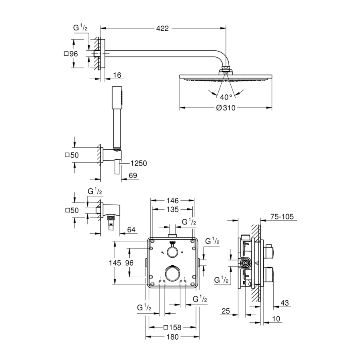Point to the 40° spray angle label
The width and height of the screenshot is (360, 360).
(226, 96)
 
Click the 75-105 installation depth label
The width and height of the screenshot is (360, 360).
(282, 217)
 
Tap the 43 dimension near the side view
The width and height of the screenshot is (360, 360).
(285, 303)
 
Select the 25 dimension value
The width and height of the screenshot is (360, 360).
(226, 311)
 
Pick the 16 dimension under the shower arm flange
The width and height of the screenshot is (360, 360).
(117, 75)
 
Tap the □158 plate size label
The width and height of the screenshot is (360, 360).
(172, 327)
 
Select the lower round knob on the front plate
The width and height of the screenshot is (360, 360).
(172, 274)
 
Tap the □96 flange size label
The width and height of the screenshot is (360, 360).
(70, 54)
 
